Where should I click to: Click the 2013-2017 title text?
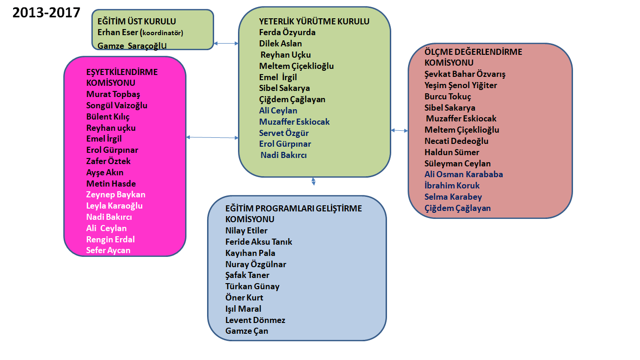[x=46, y=12]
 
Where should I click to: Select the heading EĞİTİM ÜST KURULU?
[x=136, y=21]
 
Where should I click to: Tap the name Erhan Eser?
[x=117, y=32]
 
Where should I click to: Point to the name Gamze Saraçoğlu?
[x=132, y=45]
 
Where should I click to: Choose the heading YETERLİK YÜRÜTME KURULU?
[x=314, y=21]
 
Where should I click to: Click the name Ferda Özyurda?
[x=287, y=32]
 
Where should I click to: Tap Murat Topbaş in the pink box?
[x=113, y=94]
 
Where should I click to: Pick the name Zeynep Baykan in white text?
[x=116, y=195]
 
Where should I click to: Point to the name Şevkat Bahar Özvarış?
[x=465, y=74]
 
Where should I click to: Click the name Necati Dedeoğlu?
[x=456, y=141]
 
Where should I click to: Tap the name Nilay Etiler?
[x=246, y=231]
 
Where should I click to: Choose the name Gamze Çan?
[x=246, y=331]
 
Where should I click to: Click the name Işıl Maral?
[x=243, y=309]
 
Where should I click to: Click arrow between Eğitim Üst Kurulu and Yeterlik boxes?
[x=226, y=44]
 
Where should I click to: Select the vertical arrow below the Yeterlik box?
[x=313, y=181]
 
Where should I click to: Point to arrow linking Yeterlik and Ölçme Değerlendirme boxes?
[x=399, y=130]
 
